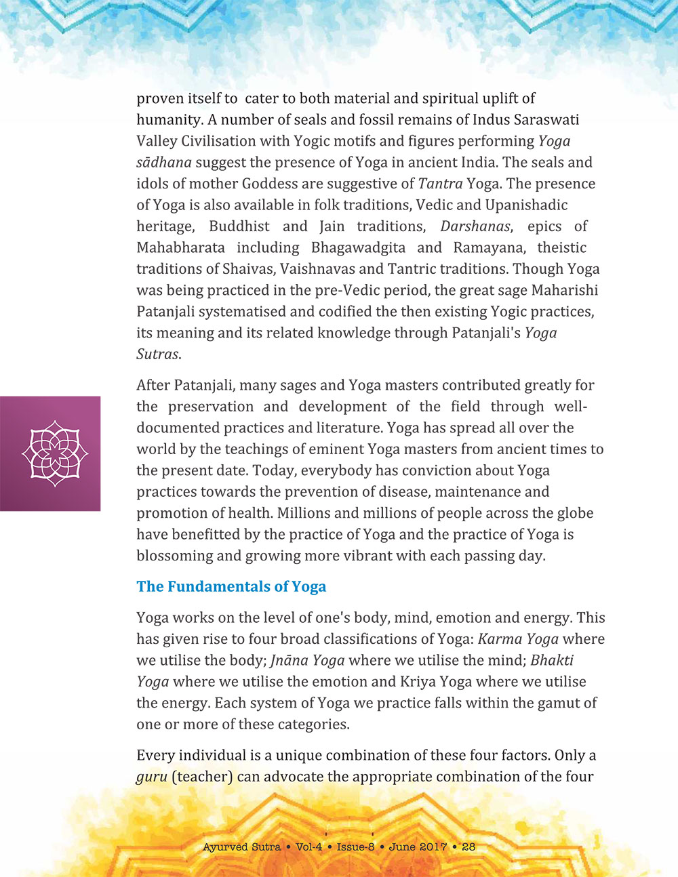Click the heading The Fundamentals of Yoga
[231, 587]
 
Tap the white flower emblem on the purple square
[55, 453]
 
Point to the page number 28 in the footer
[468, 847]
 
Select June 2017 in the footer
[418, 847]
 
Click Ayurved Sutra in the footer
[241, 847]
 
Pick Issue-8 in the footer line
[355, 847]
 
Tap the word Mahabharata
[180, 248]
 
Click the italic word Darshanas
[475, 226]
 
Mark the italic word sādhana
[164, 163]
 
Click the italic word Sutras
[157, 354]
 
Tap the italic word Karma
[500, 639]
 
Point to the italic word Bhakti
[552, 661]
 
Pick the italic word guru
[151, 777]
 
